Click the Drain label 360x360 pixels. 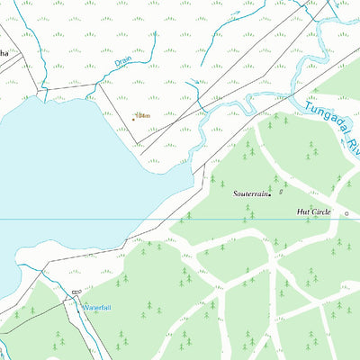coord(123,63)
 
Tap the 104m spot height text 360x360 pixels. coord(142,115)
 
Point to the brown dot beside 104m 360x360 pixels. coord(134,115)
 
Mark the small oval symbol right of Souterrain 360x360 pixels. coord(280,191)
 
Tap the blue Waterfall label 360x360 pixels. coord(97,308)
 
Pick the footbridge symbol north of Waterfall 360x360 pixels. coord(76,292)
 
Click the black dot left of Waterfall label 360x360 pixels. coord(81,307)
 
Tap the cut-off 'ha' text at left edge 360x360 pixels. coord(4,55)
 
